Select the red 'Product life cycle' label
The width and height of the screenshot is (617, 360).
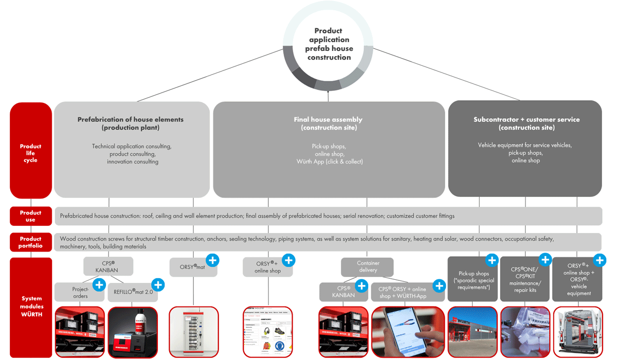click(x=31, y=153)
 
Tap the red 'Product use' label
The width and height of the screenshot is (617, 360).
click(x=31, y=216)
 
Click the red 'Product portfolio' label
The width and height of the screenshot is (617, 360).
click(x=31, y=242)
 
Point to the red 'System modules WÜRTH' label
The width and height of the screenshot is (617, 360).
click(x=31, y=306)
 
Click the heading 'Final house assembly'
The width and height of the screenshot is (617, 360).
click(x=329, y=119)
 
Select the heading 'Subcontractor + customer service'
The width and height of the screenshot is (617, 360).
click(x=526, y=119)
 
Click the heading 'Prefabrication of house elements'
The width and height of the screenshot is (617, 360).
click(x=131, y=119)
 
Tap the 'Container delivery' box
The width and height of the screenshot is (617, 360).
click(x=368, y=266)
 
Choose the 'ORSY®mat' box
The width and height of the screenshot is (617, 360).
click(x=193, y=267)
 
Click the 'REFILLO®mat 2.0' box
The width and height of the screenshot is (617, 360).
click(x=133, y=292)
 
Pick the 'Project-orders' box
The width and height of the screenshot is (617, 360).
click(x=80, y=292)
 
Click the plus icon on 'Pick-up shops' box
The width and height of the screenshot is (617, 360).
click(x=492, y=260)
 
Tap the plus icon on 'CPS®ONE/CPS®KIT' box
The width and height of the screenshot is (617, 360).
click(x=545, y=260)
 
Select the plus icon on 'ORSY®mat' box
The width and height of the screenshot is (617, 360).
click(x=212, y=260)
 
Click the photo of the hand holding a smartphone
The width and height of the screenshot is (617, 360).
click(x=408, y=332)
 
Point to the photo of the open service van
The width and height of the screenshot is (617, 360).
click(x=577, y=332)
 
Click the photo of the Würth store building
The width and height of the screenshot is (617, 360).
click(x=473, y=332)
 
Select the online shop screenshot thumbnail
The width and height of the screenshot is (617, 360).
click(x=268, y=332)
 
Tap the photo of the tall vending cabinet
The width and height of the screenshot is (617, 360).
click(x=193, y=332)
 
